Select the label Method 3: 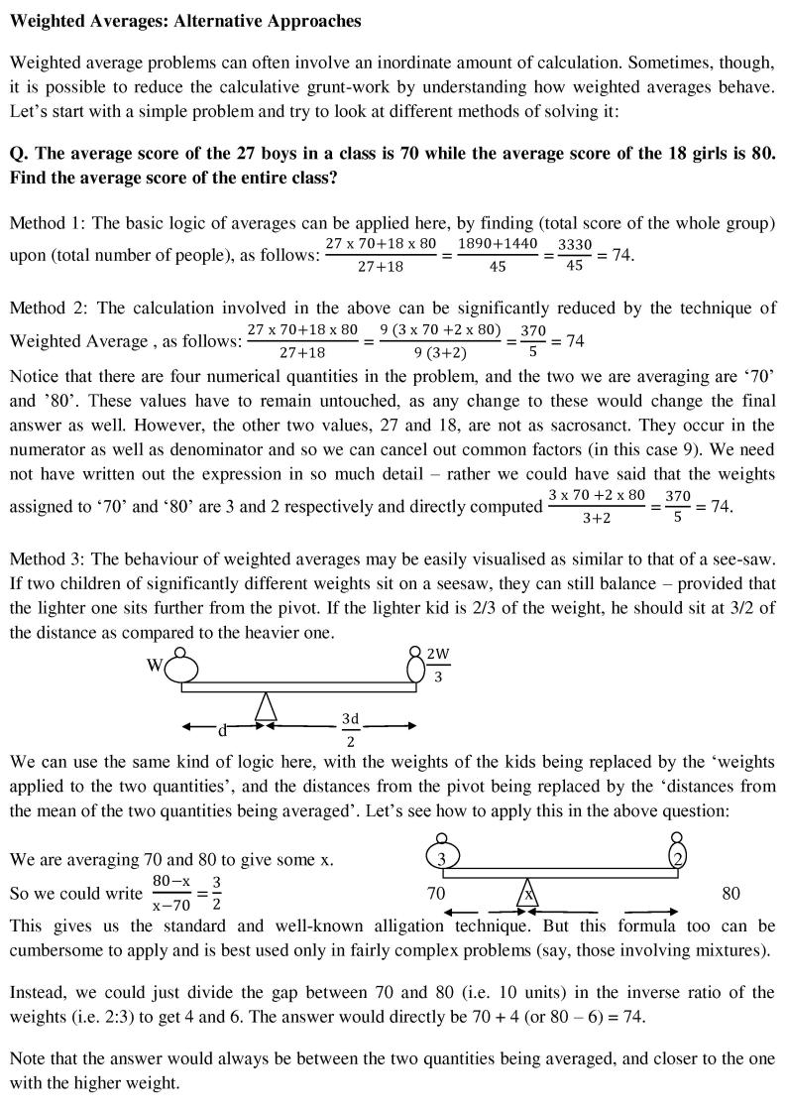coord(45,557)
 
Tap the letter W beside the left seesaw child coord(155,666)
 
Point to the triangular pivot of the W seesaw coord(265,706)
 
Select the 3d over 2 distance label coord(350,729)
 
